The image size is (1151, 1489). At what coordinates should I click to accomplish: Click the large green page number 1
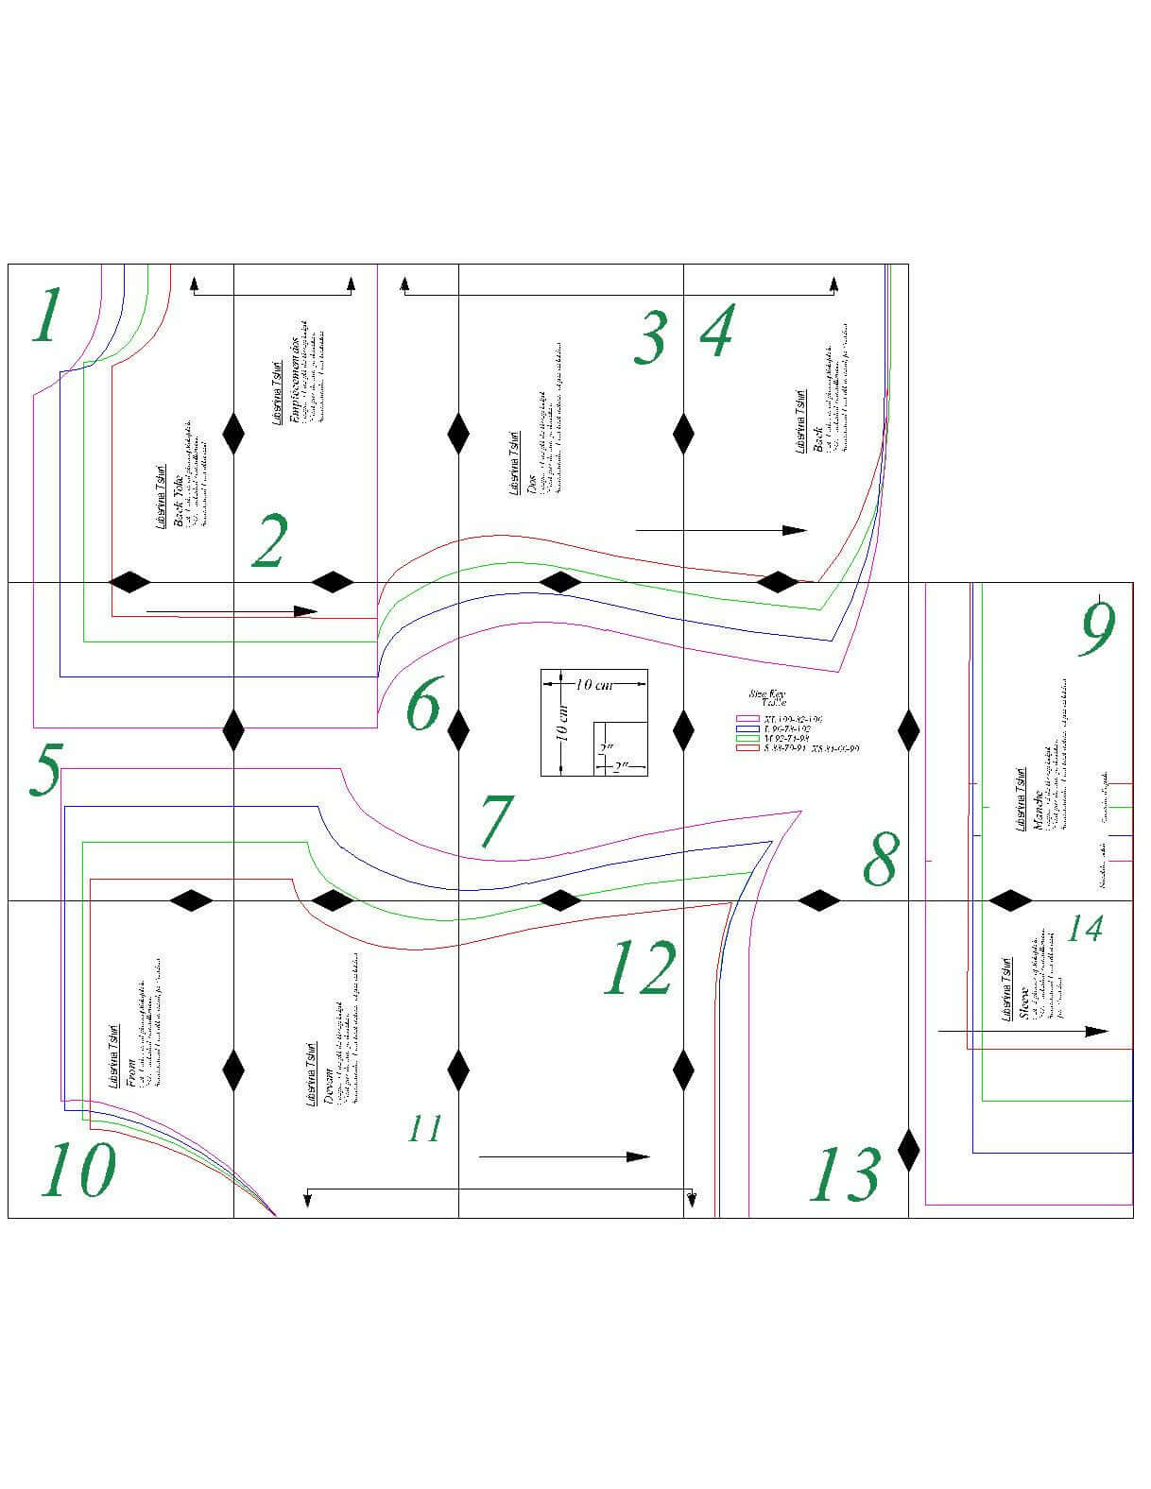click(45, 316)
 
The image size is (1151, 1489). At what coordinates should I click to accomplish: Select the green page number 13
click(845, 1173)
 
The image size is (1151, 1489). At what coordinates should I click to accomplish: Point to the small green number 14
click(1084, 929)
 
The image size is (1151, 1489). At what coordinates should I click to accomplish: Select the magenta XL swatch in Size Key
click(748, 720)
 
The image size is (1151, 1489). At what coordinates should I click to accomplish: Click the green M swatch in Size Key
click(748, 739)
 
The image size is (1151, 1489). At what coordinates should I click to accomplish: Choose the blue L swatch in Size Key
click(748, 729)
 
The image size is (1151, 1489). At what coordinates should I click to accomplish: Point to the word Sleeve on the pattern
click(1023, 1003)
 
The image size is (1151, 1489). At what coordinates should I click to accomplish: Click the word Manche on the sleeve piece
click(1038, 809)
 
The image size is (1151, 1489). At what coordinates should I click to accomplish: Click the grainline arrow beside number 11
click(563, 1156)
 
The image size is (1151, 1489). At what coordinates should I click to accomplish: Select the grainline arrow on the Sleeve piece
click(1022, 1031)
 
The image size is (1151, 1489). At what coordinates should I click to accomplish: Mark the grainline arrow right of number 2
click(231, 611)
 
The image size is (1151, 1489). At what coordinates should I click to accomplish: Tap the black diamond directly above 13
click(908, 1150)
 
